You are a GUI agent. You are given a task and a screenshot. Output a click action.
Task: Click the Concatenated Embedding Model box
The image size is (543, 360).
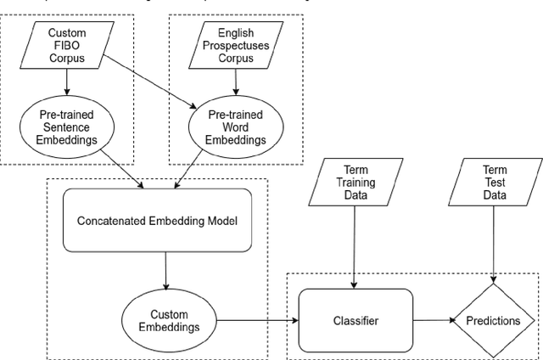(x=156, y=221)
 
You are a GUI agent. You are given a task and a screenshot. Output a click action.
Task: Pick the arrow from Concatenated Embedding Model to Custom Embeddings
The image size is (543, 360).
(x=167, y=272)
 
